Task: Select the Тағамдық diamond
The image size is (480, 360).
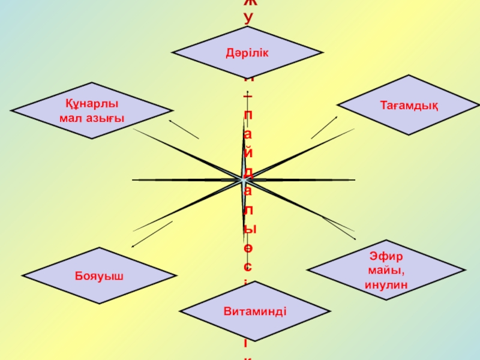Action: pos(409,106)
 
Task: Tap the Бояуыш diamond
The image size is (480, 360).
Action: pos(99,275)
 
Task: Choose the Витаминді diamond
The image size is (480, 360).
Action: pos(255,311)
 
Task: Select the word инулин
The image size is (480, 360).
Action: pos(386,284)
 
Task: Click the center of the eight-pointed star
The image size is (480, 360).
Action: pos(244,179)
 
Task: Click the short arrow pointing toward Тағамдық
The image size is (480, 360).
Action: pos(324,127)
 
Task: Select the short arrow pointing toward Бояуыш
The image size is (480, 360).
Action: pos(152,233)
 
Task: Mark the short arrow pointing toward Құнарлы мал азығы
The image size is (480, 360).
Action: pos(183,129)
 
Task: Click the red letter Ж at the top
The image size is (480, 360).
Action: pos(248,3)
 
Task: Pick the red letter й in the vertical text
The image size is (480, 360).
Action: pos(248,147)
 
